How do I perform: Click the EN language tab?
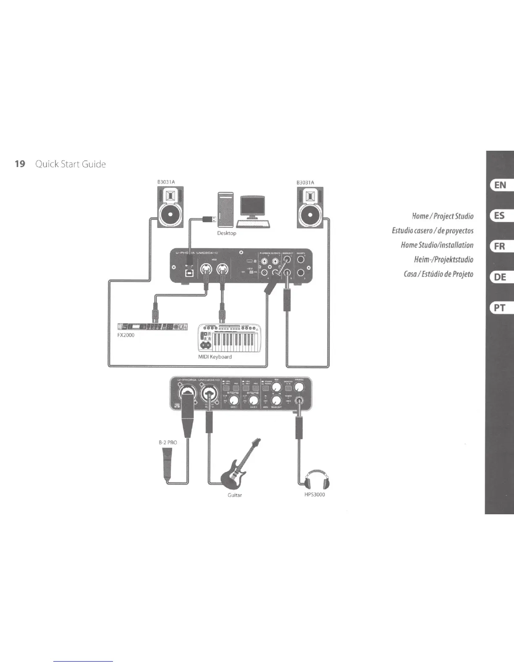[500, 185]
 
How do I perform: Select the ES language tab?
[500, 216]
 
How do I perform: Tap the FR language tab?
[500, 246]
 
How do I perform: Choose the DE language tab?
[500, 277]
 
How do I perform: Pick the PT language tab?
[500, 308]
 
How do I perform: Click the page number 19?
[19, 164]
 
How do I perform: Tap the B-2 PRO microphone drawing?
[167, 462]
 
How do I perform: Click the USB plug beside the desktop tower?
[209, 218]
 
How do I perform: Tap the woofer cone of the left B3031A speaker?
[171, 215]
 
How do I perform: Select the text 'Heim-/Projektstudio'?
[443, 260]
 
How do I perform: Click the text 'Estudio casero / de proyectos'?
[433, 230]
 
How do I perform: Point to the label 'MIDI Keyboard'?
[215, 357]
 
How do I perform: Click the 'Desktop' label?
[226, 233]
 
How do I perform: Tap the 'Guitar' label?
[234, 495]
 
